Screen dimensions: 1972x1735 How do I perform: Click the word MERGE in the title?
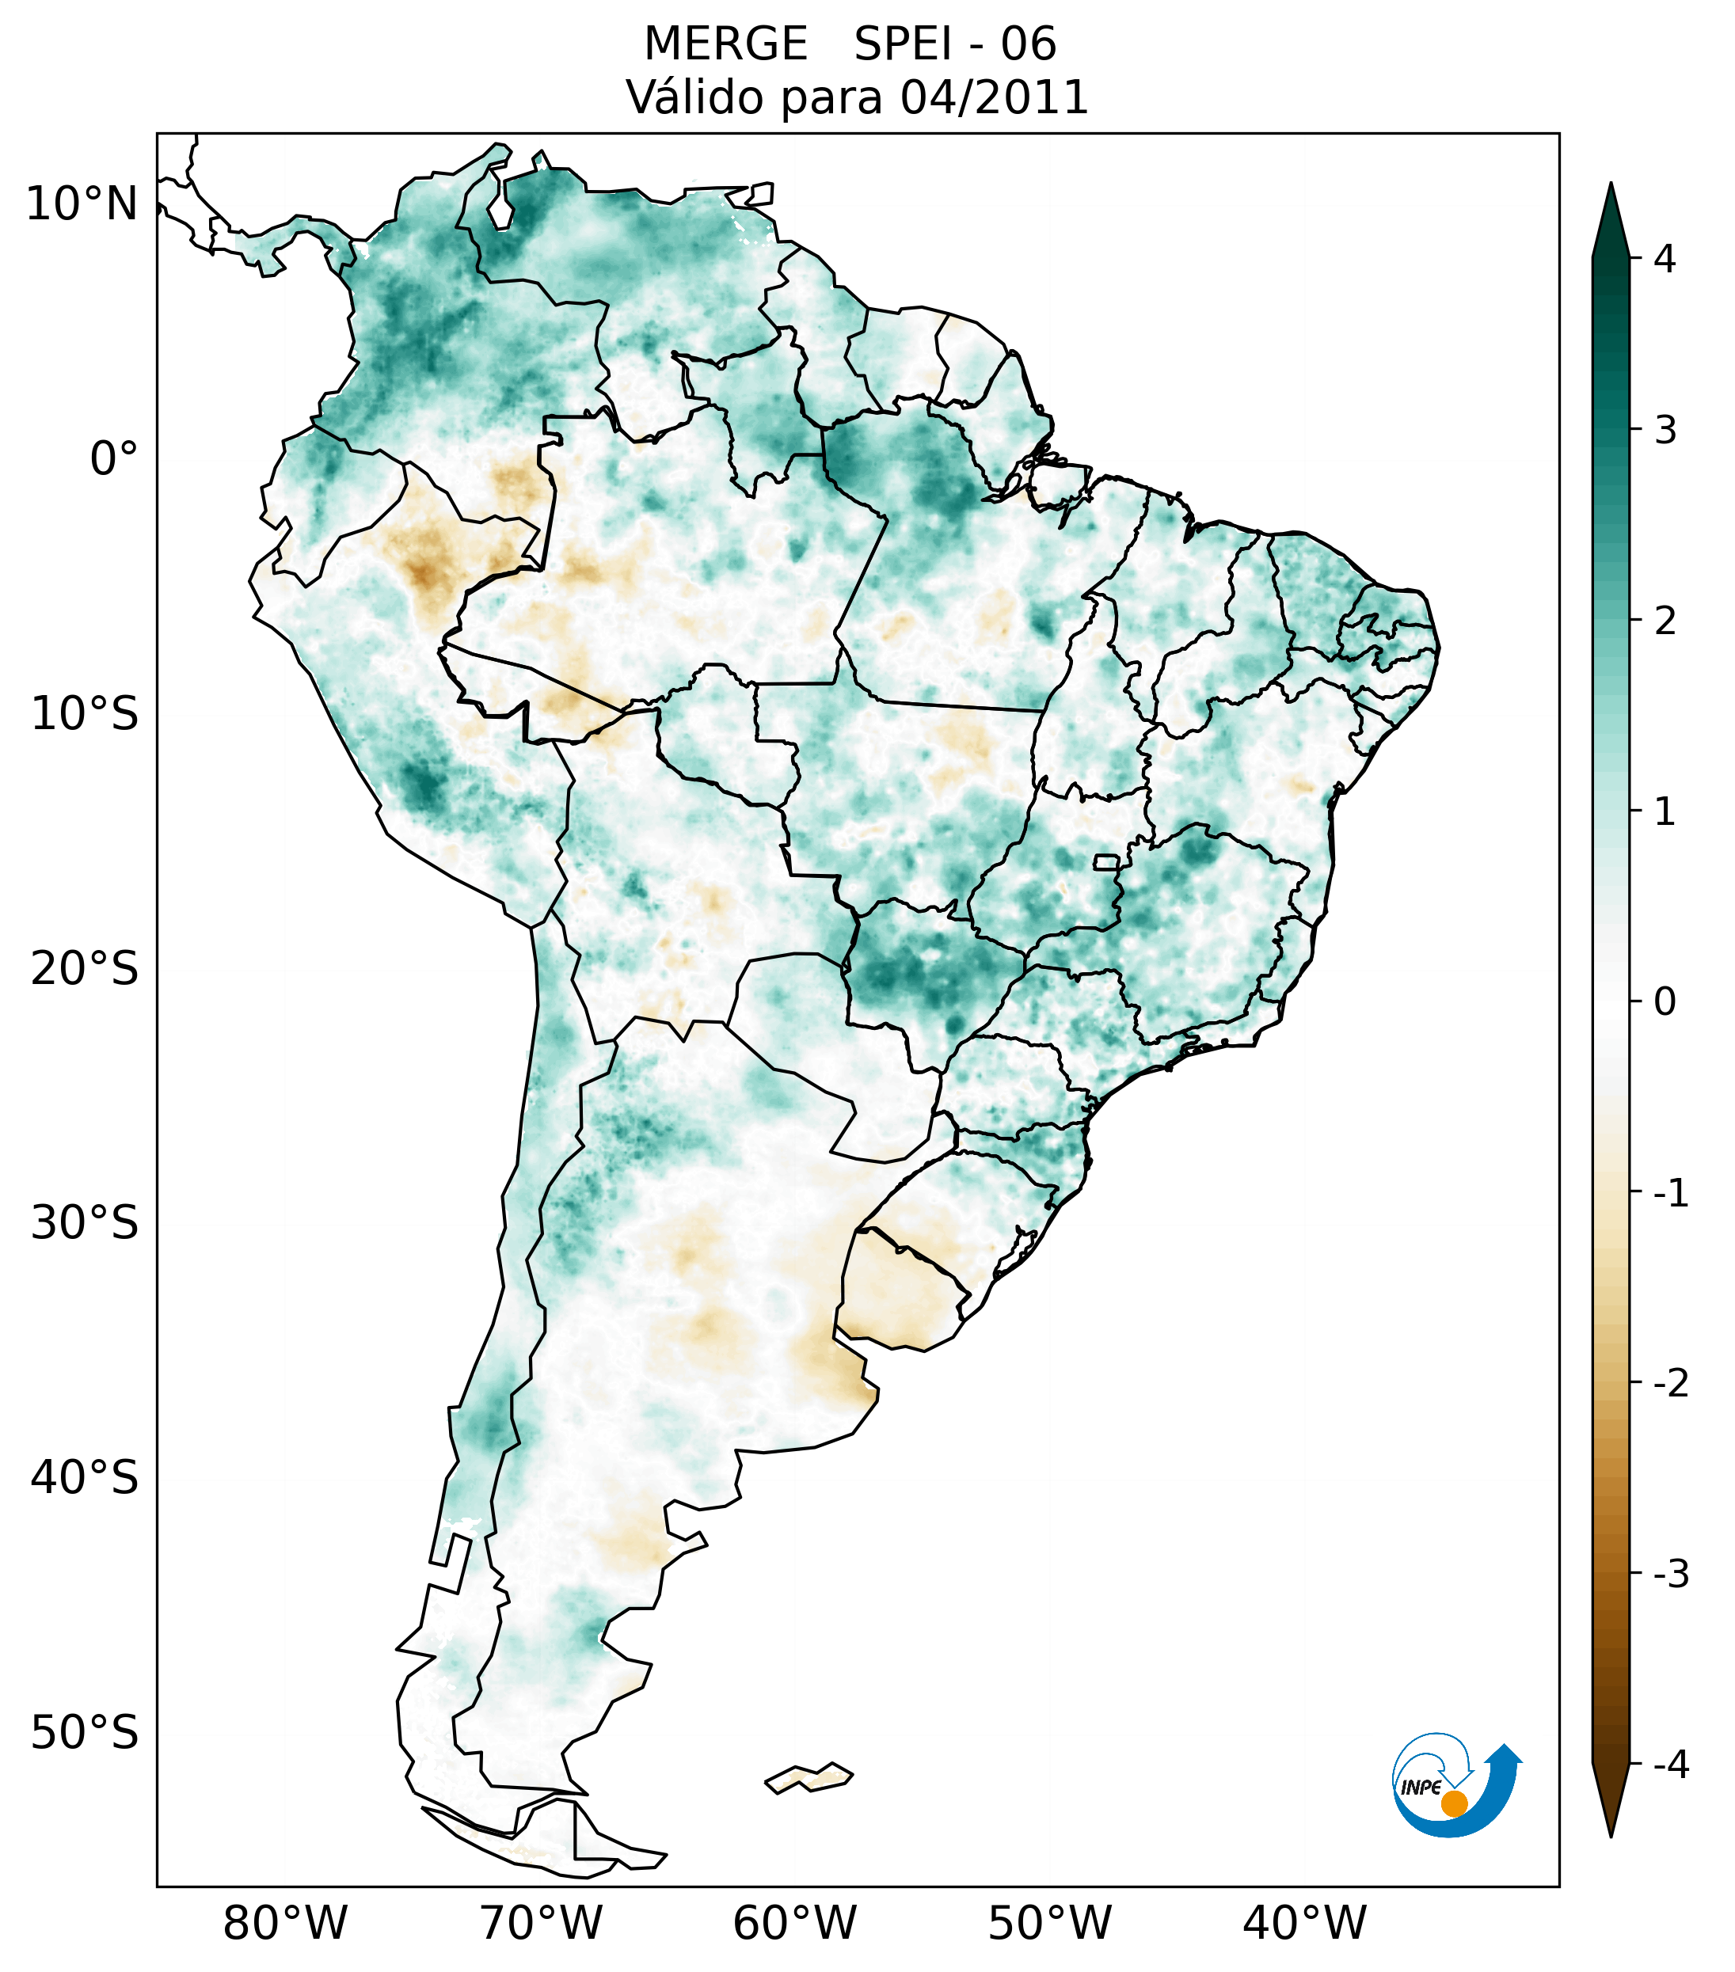725,44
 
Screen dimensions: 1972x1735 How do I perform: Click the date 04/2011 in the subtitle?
994,97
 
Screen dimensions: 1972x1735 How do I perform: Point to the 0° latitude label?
114,459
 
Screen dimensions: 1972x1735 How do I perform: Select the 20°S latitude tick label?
85,969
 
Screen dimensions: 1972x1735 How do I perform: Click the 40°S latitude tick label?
85,1478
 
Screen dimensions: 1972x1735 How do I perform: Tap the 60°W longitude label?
794,1924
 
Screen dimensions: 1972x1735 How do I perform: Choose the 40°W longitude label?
1305,1924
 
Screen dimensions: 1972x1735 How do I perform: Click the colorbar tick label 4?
1665,259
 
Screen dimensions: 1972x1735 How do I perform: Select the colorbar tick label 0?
1665,1002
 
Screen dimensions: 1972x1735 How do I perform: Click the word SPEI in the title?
901,44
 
